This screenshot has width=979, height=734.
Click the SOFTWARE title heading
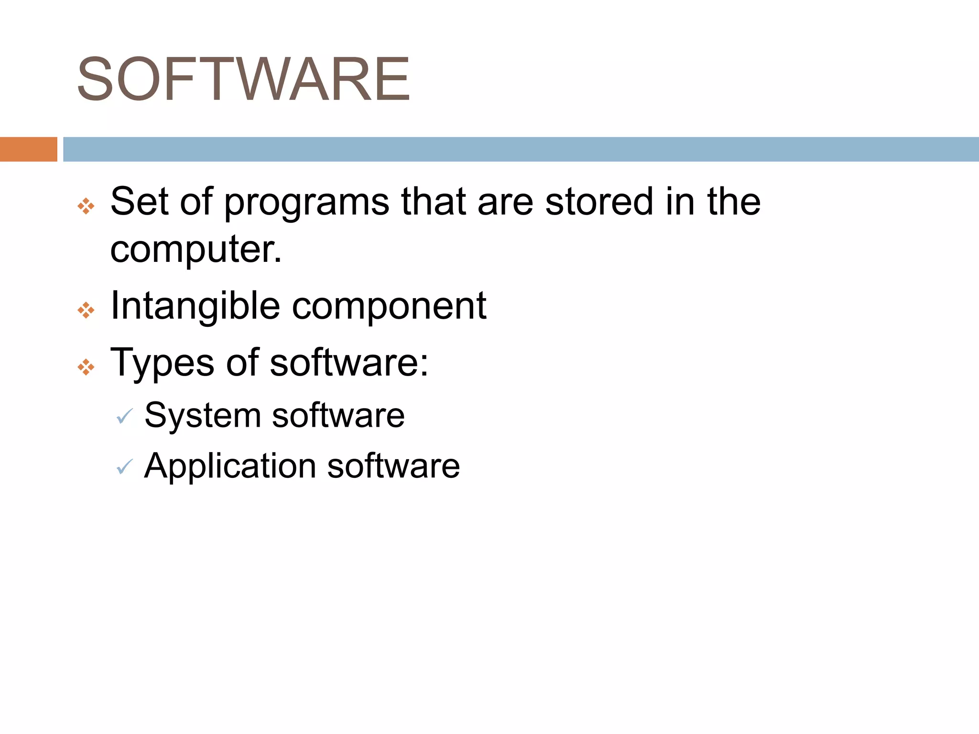click(x=243, y=79)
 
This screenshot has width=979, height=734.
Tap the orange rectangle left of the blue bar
click(x=28, y=149)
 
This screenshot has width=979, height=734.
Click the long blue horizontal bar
click(x=521, y=149)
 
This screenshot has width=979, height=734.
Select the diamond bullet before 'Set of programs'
click(x=86, y=206)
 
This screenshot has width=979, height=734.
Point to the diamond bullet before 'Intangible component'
click(x=86, y=310)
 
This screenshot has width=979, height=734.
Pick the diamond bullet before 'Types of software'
click(x=86, y=367)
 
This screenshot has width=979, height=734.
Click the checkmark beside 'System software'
click(x=125, y=417)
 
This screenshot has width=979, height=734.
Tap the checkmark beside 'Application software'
click(x=125, y=467)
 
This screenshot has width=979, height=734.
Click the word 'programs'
click(x=306, y=203)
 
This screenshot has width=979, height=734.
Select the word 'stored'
click(x=599, y=201)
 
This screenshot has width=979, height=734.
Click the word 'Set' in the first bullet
click(x=139, y=201)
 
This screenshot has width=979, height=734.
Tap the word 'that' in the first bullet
click(x=433, y=201)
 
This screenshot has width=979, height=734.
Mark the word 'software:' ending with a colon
click(x=349, y=363)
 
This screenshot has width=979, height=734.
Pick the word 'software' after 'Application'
click(x=393, y=466)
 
